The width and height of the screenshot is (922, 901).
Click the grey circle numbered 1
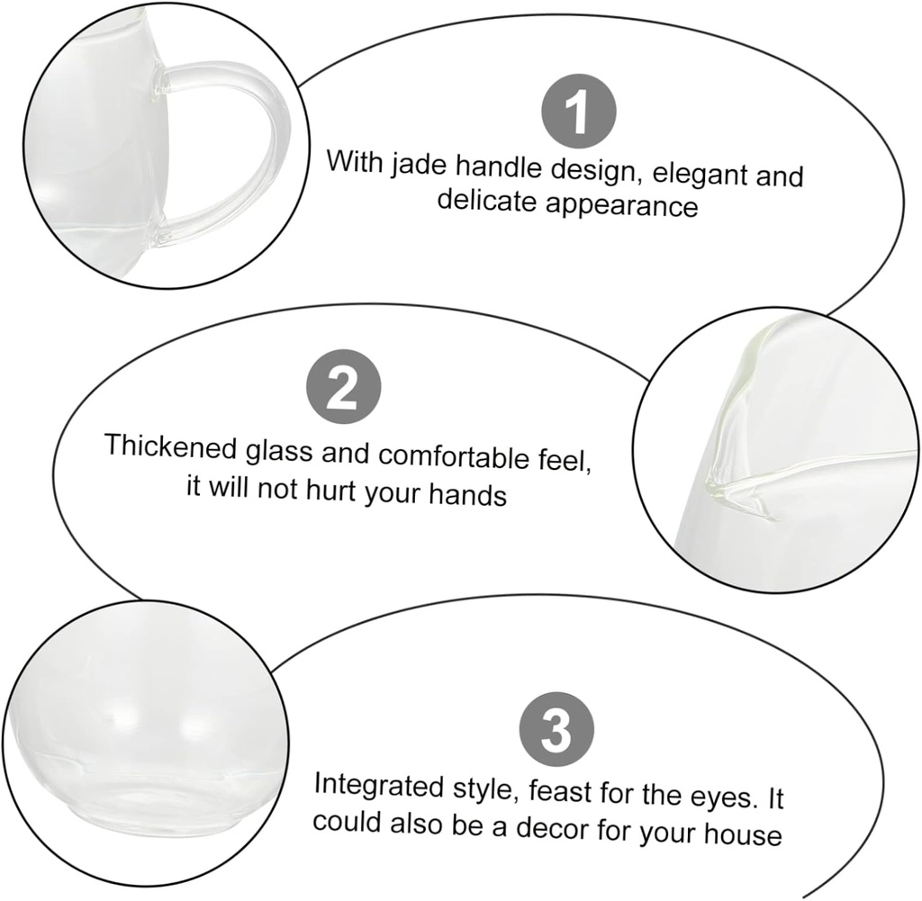[578, 113]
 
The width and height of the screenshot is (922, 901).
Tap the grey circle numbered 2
[343, 388]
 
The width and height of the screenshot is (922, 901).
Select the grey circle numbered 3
[557, 731]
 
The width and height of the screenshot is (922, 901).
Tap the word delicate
[487, 201]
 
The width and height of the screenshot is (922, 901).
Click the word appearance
[622, 204]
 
